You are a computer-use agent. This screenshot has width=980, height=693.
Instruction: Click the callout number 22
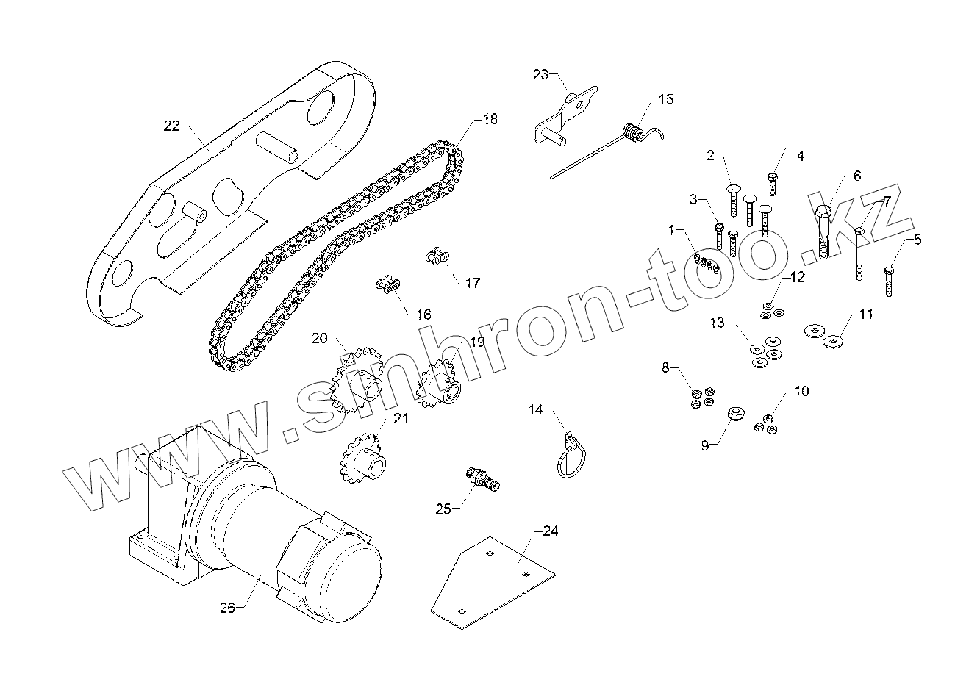(171, 126)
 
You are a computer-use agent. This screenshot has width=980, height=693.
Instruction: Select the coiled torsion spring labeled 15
(634, 132)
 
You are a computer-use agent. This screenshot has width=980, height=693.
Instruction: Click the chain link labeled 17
(438, 256)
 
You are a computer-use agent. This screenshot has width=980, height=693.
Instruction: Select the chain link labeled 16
(388, 284)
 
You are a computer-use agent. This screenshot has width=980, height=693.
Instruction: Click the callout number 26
(227, 607)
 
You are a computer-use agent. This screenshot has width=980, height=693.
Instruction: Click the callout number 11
(866, 314)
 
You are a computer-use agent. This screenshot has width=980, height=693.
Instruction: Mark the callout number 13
(718, 323)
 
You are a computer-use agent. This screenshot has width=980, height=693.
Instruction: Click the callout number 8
(666, 367)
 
